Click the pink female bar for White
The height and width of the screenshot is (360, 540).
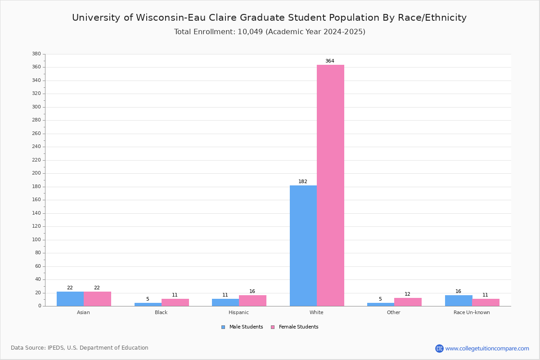330,185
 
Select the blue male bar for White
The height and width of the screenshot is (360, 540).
303,246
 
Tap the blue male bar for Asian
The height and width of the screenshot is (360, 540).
70,299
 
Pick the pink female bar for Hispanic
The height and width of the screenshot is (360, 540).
252,301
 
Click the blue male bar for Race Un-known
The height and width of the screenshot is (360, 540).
459,301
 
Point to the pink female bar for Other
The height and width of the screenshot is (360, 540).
408,302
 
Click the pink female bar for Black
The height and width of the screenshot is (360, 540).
175,302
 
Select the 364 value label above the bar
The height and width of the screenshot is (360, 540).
330,61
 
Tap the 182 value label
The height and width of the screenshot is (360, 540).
303,181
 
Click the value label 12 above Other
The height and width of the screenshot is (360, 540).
407,294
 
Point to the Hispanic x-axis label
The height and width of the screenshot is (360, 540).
238,312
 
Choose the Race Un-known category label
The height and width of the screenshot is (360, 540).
472,312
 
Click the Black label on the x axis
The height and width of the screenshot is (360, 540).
161,312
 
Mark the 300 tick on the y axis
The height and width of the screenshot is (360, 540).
36,107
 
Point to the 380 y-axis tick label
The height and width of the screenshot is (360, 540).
36,54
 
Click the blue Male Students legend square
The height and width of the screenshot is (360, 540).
223,327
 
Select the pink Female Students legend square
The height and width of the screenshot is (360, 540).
273,327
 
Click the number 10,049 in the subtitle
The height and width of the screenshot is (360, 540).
250,32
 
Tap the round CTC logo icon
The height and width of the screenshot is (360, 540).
439,348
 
